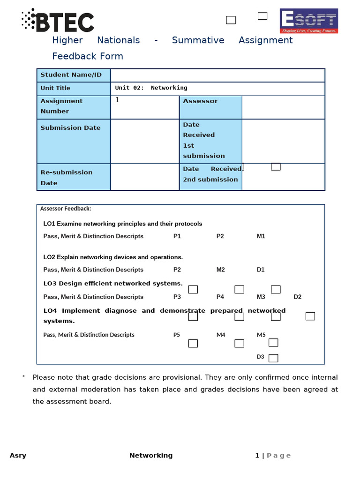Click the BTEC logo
click(x=58, y=21)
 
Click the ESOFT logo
click(x=308, y=21)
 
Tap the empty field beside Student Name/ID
click(x=217, y=75)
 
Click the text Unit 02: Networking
click(x=151, y=88)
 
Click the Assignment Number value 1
click(x=118, y=100)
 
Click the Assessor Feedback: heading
click(x=66, y=209)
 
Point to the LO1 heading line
click(x=123, y=224)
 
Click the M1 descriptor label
click(x=261, y=236)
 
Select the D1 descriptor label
click(x=261, y=270)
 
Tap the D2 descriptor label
click(x=298, y=297)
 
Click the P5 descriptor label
click(x=177, y=335)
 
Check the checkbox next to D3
click(x=273, y=358)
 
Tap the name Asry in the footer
click(x=18, y=456)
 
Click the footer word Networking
click(x=151, y=456)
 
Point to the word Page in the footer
click(x=278, y=456)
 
